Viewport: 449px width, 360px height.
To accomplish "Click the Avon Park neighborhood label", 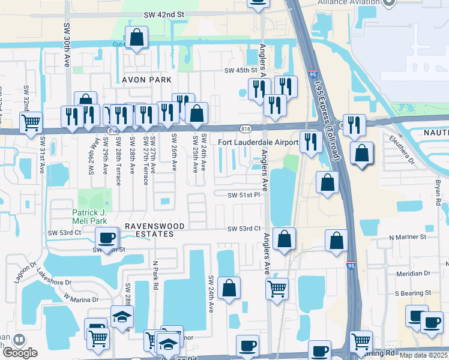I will point(147,80).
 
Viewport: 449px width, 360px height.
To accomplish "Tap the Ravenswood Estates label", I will point(148,230).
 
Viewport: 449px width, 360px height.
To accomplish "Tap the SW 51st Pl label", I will point(243,195).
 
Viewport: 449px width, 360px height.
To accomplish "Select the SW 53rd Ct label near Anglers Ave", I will point(244,229).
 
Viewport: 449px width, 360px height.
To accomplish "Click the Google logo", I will point(19,353).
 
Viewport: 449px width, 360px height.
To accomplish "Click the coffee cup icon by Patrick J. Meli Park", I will point(107,238).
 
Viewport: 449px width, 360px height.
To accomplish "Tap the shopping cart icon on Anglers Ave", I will point(277,289).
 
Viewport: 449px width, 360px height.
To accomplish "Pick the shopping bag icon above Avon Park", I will point(137,37).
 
